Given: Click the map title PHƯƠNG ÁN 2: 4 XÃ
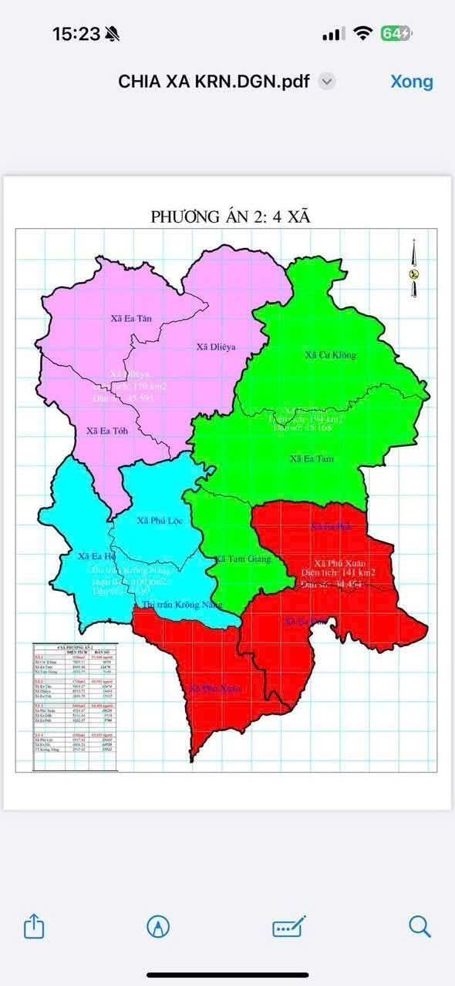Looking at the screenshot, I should [230, 216].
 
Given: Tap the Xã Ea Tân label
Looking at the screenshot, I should [132, 317].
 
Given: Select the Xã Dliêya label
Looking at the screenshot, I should [216, 347].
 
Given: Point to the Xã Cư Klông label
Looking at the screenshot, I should [331, 355].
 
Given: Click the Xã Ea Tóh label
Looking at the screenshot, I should [107, 431].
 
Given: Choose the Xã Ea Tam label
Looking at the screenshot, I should [312, 458].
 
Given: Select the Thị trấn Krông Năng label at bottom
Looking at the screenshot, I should [177, 605].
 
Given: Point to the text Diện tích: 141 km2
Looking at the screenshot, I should [339, 573].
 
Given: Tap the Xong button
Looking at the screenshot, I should [411, 82].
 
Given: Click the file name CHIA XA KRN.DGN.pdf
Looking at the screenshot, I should [214, 82].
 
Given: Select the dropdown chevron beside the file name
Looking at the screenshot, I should [327, 82].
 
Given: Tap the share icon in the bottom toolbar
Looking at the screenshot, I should [34, 927].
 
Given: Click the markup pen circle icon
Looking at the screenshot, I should [158, 927].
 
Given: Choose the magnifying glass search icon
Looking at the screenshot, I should [420, 927].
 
